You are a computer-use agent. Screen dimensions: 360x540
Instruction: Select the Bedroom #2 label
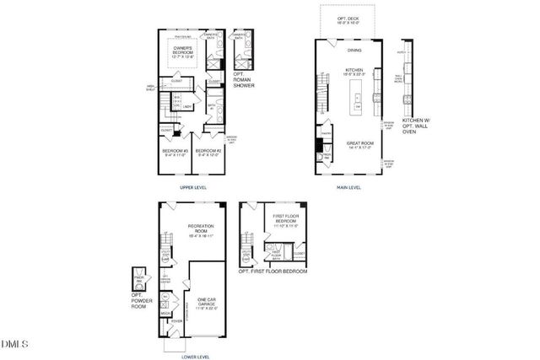[x=208, y=153]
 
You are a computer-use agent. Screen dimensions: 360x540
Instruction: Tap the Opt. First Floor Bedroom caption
[x=273, y=271]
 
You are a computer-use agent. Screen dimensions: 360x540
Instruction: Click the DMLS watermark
[x=14, y=344]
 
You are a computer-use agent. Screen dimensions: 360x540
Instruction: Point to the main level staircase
[x=321, y=94]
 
